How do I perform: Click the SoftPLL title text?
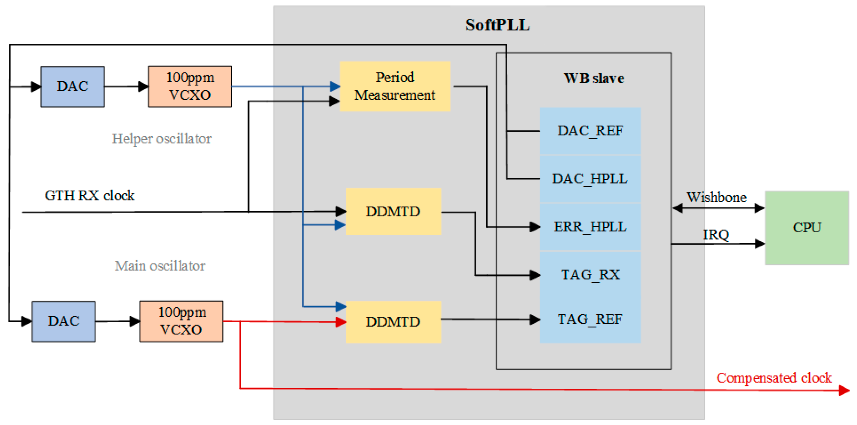tap(497, 25)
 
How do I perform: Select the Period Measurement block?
tap(395, 86)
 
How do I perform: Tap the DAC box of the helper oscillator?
tap(72, 86)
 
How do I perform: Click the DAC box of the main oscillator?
tap(64, 321)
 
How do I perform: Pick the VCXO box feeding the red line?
tap(181, 321)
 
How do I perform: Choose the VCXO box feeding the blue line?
tap(190, 86)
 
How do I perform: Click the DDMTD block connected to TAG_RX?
tap(393, 211)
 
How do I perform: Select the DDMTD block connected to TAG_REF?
tap(393, 321)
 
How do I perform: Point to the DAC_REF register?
tap(590, 131)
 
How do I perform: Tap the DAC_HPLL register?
tap(590, 179)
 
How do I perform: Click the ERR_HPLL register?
tap(590, 227)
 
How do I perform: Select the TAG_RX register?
tap(590, 275)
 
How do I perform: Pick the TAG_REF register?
tap(590, 319)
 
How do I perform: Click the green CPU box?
tap(806, 228)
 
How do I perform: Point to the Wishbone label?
tap(716, 197)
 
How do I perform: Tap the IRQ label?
tap(716, 235)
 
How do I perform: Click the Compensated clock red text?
tap(774, 378)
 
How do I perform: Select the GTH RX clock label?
tap(89, 196)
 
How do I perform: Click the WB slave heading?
tap(594, 78)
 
